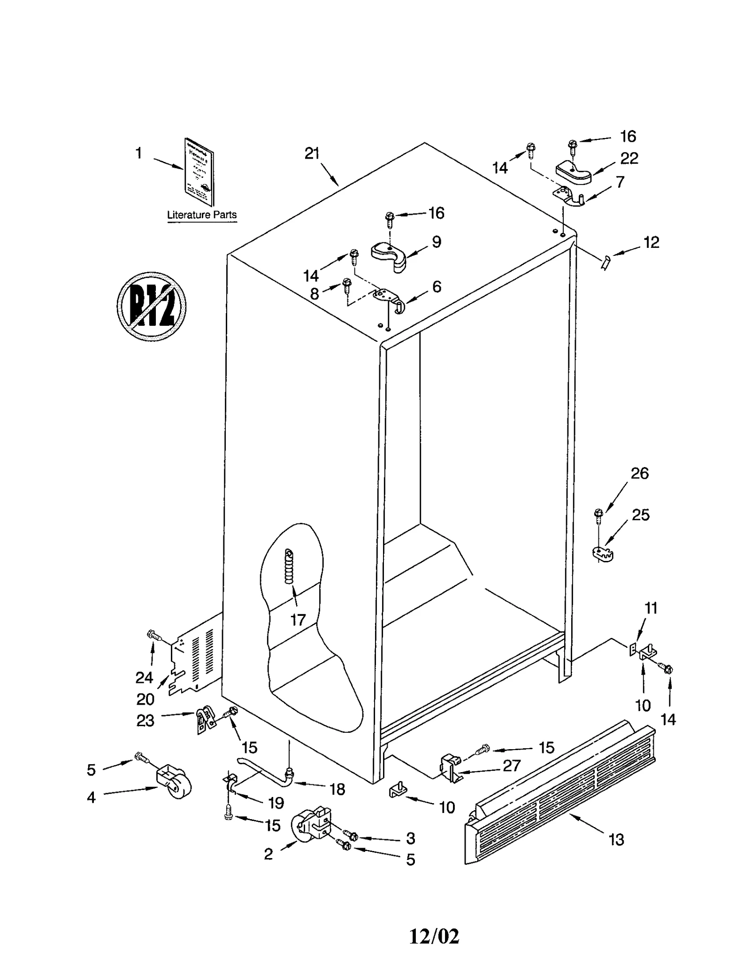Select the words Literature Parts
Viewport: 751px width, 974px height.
(202, 215)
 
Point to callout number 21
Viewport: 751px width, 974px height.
(312, 153)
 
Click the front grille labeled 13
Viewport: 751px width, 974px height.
(559, 795)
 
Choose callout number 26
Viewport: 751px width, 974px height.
(639, 473)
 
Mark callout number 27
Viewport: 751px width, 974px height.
(511, 766)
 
